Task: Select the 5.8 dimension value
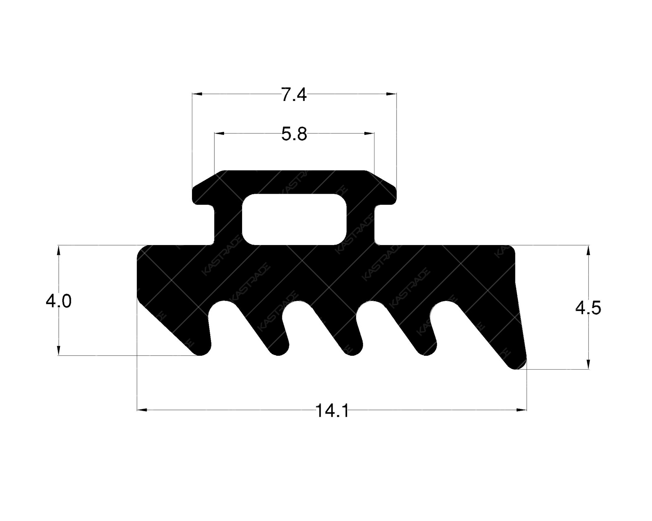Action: point(294,134)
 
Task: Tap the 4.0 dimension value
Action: point(59,302)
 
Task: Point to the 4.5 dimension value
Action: point(588,308)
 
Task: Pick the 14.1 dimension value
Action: point(332,411)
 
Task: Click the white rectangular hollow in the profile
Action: point(294,219)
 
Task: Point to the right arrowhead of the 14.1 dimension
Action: point(522,409)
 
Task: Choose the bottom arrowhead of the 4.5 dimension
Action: point(588,364)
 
